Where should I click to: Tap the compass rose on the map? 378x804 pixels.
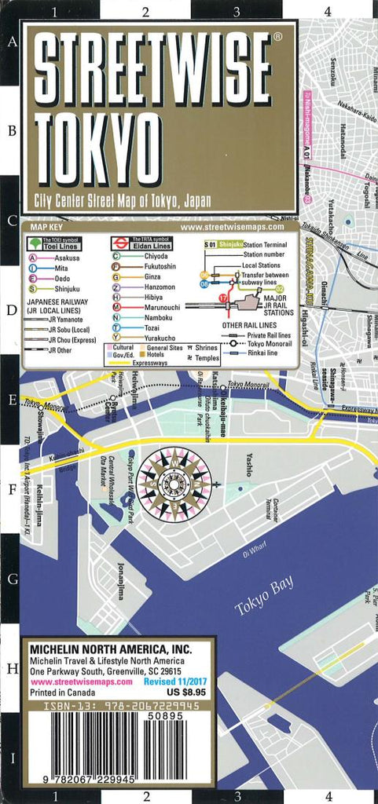[x=174, y=481]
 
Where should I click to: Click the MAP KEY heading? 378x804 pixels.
[x=45, y=228]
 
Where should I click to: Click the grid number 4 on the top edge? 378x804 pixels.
[x=327, y=11]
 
